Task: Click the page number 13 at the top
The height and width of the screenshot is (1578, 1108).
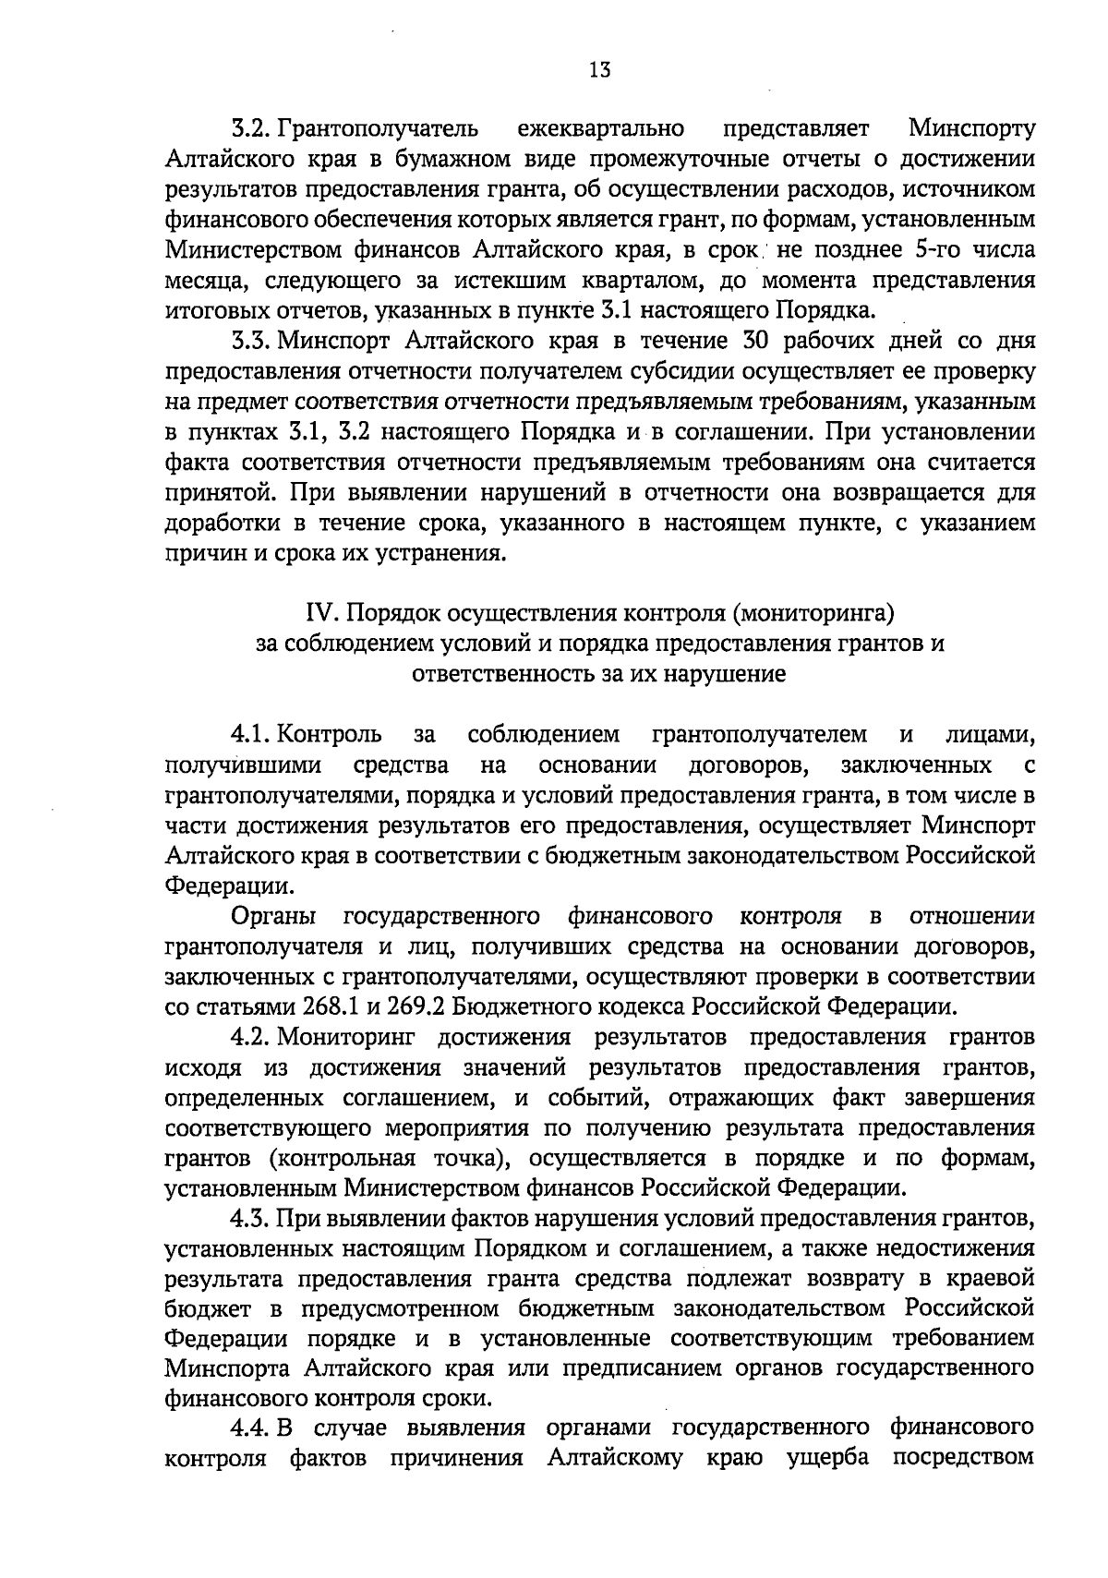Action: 599,69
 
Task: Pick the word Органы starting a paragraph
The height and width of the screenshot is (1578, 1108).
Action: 273,917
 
